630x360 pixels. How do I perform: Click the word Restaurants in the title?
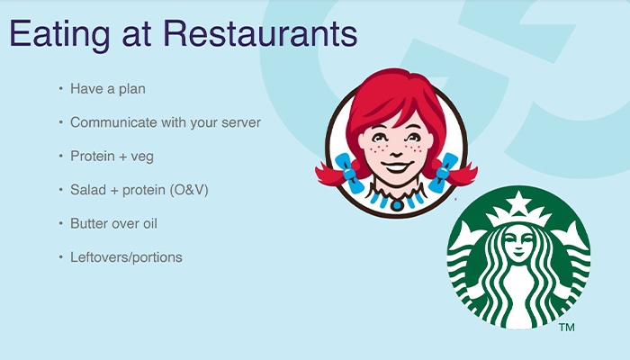(x=260, y=33)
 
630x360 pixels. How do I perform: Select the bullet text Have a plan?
(x=108, y=89)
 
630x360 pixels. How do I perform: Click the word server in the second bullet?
(x=241, y=122)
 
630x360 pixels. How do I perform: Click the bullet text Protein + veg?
(x=112, y=157)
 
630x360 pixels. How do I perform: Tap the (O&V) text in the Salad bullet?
(x=189, y=190)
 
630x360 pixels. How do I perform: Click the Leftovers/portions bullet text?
(x=126, y=257)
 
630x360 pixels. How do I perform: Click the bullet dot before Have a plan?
(x=60, y=88)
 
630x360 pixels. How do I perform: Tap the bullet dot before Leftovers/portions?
(x=60, y=256)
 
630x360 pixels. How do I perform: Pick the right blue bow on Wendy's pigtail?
(x=443, y=173)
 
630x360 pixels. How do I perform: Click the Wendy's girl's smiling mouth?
(x=397, y=166)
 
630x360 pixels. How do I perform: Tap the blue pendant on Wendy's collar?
(x=397, y=205)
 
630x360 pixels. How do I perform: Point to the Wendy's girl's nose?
(x=395, y=153)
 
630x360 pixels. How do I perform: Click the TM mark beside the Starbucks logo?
(x=566, y=328)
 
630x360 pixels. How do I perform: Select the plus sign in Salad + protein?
(x=114, y=191)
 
